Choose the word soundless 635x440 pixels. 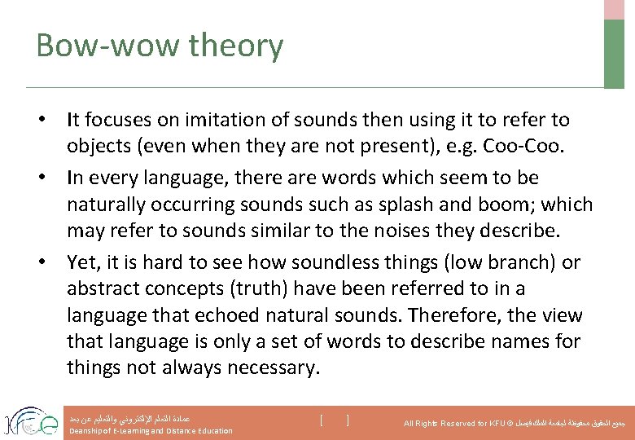click(357, 262)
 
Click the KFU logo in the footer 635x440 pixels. click(30, 420)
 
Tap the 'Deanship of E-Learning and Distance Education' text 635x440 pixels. click(151, 431)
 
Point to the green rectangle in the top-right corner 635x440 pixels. click(614, 53)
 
